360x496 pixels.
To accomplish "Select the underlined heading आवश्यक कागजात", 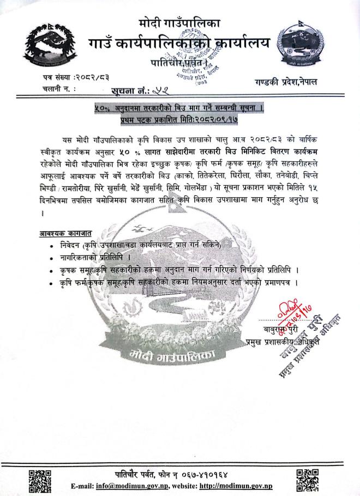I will point(63,234).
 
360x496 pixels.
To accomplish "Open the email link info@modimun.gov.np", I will point(139,486).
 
